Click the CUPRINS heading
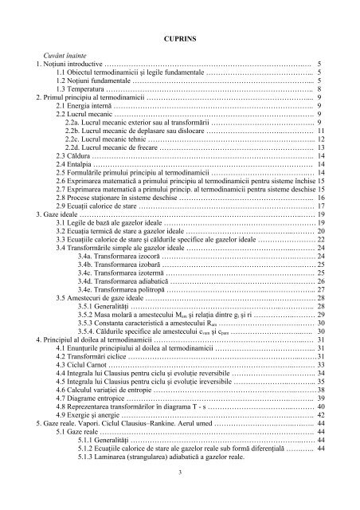(180, 37)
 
